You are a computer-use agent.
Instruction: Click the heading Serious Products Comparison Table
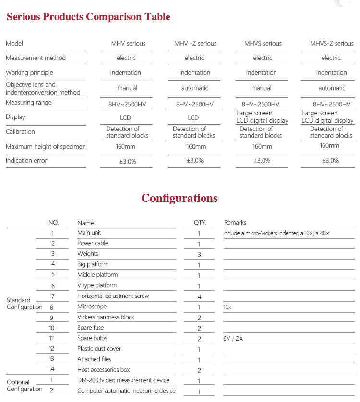click(88, 17)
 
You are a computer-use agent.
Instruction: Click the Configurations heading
click(180, 198)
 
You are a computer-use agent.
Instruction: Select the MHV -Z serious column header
click(195, 44)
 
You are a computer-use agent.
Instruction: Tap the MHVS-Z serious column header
click(331, 44)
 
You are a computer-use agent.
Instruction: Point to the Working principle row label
click(29, 73)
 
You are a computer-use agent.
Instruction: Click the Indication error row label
click(26, 161)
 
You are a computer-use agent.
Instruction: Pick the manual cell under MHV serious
click(127, 88)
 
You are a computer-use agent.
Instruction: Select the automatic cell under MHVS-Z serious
click(332, 88)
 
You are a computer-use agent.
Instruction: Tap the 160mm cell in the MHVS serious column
click(262, 147)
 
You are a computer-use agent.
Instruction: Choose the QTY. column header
click(200, 223)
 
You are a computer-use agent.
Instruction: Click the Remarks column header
click(235, 223)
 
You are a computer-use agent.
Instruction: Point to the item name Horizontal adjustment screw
click(113, 296)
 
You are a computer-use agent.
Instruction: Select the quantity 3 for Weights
click(199, 254)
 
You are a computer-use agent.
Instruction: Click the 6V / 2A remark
click(233, 339)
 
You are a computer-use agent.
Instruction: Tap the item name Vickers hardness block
click(106, 317)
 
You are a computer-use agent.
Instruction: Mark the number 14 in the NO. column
click(52, 369)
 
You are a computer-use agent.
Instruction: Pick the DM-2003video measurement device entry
click(123, 380)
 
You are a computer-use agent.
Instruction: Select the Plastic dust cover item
click(99, 349)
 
